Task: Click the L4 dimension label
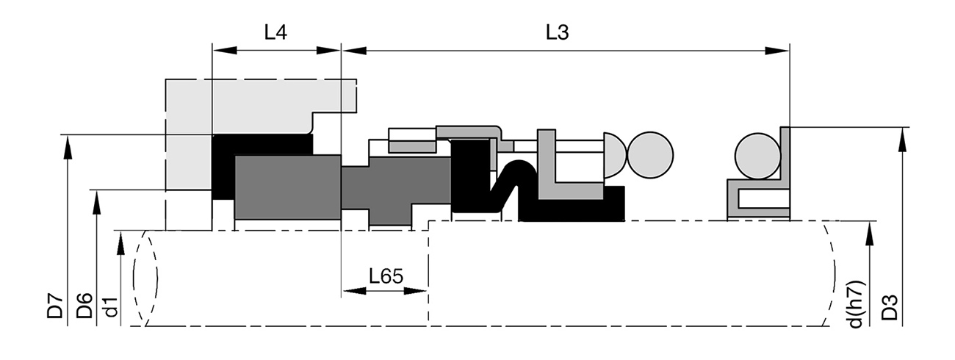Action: (275, 32)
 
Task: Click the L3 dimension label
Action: (558, 32)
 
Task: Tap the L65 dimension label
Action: (386, 276)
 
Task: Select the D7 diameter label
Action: (55, 306)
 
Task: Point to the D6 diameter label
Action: (84, 306)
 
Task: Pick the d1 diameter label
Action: (111, 308)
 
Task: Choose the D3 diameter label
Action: (890, 308)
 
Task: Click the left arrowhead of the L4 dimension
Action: (225, 51)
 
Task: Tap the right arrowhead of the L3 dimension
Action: (777, 51)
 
